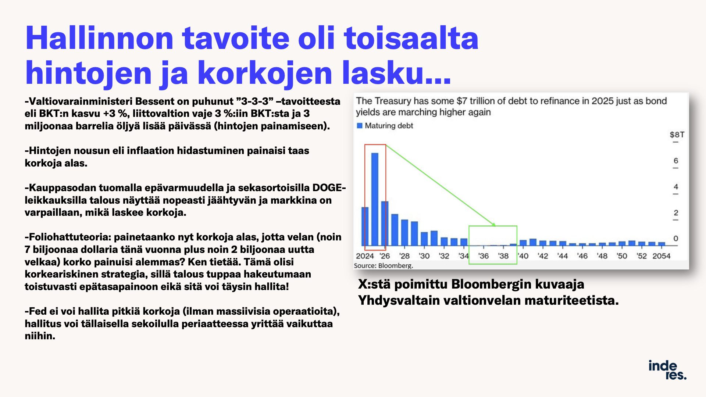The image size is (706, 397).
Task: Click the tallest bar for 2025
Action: point(375,199)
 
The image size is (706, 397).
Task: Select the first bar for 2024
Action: point(365,226)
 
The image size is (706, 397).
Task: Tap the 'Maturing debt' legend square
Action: point(360,126)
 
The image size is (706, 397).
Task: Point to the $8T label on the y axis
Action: point(677,135)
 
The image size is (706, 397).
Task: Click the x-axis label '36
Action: point(483,256)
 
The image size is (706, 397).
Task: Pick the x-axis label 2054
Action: point(661,256)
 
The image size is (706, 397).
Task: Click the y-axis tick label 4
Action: point(676,187)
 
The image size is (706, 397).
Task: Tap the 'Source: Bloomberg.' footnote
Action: point(384,265)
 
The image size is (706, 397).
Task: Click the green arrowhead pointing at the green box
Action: point(494,224)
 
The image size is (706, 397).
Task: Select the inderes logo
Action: point(667,370)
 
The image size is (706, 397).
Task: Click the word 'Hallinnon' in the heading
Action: point(99,38)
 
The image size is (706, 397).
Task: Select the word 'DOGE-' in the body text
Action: point(329,188)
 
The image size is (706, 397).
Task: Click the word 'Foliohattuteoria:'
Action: point(68,237)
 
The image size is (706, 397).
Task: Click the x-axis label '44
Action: point(562,256)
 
